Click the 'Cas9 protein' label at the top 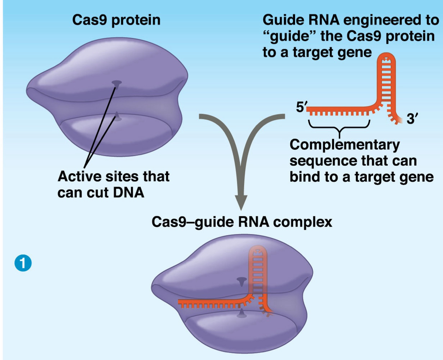pyautogui.click(x=116, y=20)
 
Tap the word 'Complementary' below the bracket pyautogui.click(x=344, y=144)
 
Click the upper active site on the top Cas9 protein pyautogui.click(x=117, y=84)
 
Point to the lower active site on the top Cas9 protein pyautogui.click(x=117, y=116)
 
